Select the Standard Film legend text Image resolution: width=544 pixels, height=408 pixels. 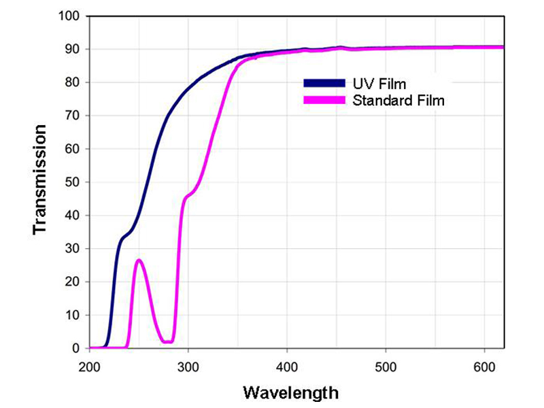398,101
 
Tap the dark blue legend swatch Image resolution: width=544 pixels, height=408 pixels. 325,84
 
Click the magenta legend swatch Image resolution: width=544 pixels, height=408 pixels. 325,101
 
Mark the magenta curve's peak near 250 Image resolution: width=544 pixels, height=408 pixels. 139,260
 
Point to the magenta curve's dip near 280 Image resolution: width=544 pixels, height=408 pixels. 167,341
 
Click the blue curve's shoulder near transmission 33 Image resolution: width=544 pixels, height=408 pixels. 123,238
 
